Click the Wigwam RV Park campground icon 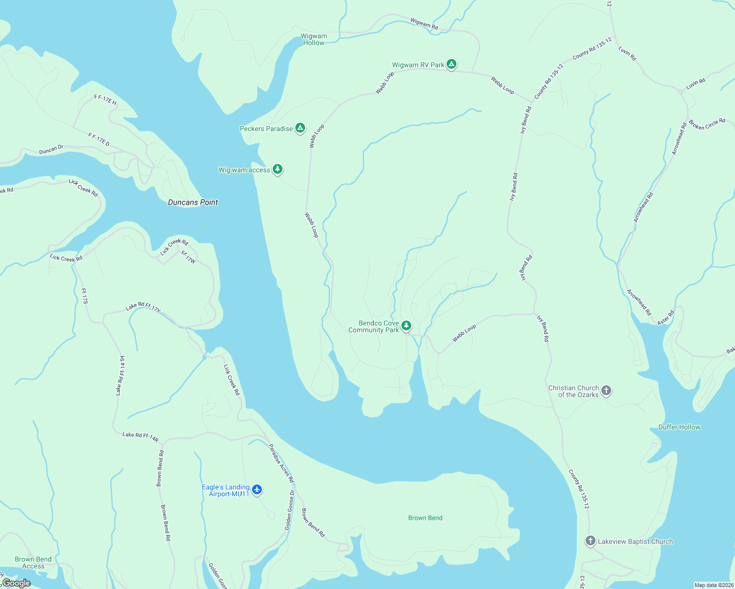[x=452, y=64]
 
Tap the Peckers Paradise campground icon [x=300, y=128]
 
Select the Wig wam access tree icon [x=278, y=169]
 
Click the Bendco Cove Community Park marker [x=406, y=325]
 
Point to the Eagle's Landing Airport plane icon [x=257, y=490]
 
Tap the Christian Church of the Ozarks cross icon [x=606, y=391]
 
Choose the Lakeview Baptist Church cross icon [x=590, y=541]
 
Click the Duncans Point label [x=193, y=202]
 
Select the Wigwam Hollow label [x=313, y=39]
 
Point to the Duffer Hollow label [x=679, y=427]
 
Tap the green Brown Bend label [x=425, y=518]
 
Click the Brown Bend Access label [x=33, y=562]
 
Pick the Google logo [x=16, y=583]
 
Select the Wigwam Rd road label [x=424, y=23]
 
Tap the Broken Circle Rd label [x=707, y=124]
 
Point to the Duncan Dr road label [x=51, y=149]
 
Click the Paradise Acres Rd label [x=281, y=463]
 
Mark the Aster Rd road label [x=666, y=317]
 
